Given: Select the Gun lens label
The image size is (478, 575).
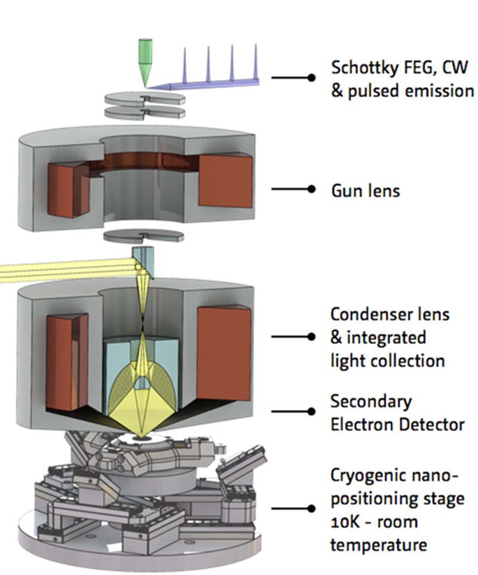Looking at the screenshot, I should point(365,191).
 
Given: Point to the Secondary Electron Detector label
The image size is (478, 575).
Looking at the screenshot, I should point(397,413).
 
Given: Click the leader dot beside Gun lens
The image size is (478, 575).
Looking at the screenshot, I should point(310,189).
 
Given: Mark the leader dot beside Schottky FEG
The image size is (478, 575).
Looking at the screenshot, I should point(310,78).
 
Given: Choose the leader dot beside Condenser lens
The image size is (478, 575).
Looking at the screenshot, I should point(310,337).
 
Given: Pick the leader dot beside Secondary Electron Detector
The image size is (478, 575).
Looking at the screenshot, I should point(310,411).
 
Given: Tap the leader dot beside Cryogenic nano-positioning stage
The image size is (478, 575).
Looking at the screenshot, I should point(310,509).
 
